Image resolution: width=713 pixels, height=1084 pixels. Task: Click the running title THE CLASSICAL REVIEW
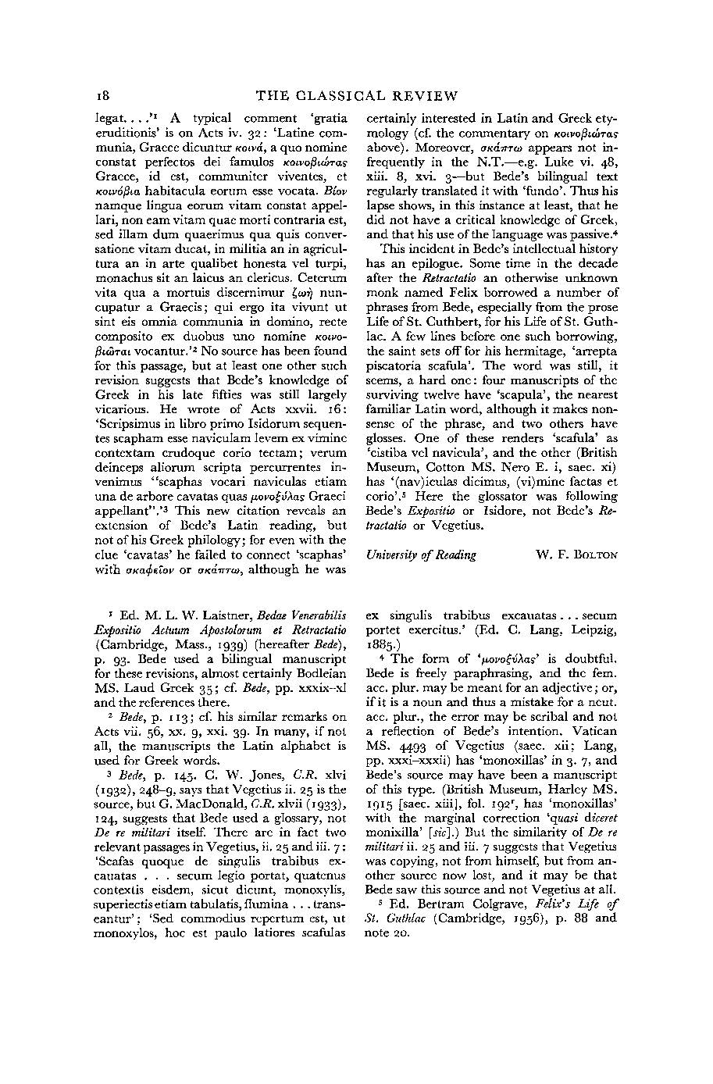click(x=357, y=96)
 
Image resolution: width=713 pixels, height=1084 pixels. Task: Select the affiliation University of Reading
click(x=421, y=554)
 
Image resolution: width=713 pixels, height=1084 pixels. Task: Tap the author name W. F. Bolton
click(x=576, y=554)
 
